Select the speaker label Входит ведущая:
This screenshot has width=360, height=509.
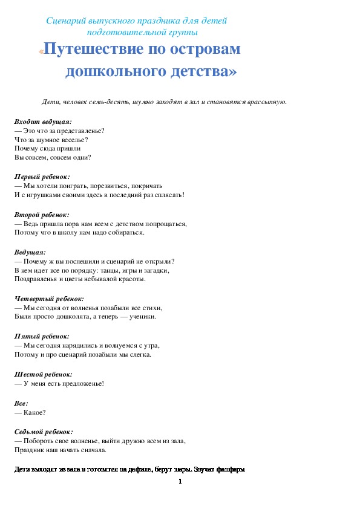click(42, 122)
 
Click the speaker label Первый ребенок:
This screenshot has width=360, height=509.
click(42, 177)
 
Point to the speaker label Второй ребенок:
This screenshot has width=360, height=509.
click(41, 215)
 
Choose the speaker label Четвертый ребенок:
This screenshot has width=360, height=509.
click(48, 298)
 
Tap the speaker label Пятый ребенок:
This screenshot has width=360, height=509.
click(41, 336)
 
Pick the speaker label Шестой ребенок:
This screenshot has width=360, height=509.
click(43, 375)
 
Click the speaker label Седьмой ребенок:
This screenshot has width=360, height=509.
click(44, 432)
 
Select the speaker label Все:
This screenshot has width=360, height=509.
click(21, 403)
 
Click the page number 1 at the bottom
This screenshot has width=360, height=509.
click(180, 482)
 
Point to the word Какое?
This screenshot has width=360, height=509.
click(34, 413)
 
